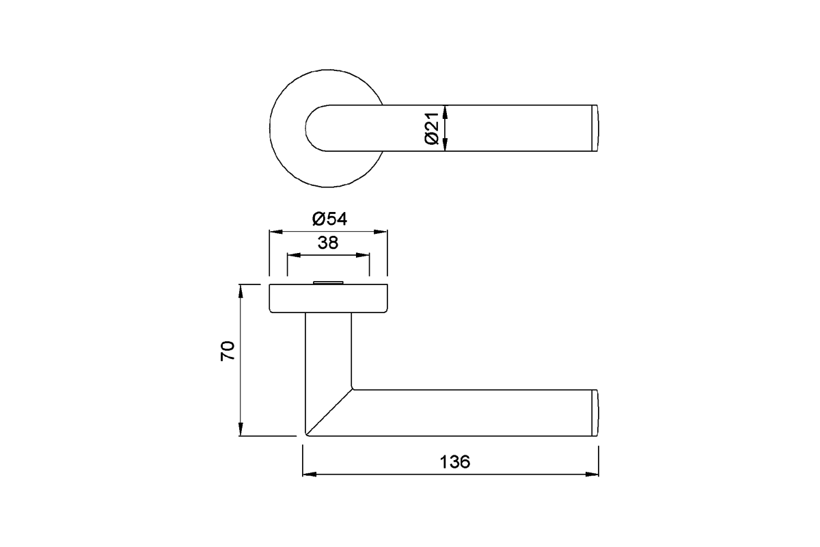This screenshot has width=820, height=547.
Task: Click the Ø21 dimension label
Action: point(431,129)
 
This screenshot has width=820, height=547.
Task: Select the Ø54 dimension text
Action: point(329,219)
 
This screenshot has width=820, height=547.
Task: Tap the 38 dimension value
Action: point(328,243)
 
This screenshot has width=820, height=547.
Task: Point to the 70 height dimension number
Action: point(228,351)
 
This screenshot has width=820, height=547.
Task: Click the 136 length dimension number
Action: point(454,462)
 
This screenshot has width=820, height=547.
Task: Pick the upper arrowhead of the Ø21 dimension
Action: point(445,111)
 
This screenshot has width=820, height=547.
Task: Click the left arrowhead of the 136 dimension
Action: point(309,473)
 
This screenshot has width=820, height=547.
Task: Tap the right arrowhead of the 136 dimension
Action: point(592,473)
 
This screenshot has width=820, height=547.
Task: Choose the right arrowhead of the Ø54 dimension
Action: point(382,232)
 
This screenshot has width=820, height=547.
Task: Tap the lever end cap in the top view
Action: point(594,128)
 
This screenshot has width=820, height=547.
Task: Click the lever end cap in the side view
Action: point(594,412)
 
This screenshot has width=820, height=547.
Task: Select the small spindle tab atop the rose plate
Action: point(328,281)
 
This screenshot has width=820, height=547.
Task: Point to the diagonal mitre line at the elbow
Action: point(329,412)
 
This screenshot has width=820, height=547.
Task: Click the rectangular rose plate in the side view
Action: point(328,299)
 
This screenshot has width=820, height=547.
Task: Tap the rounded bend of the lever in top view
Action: point(316,128)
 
